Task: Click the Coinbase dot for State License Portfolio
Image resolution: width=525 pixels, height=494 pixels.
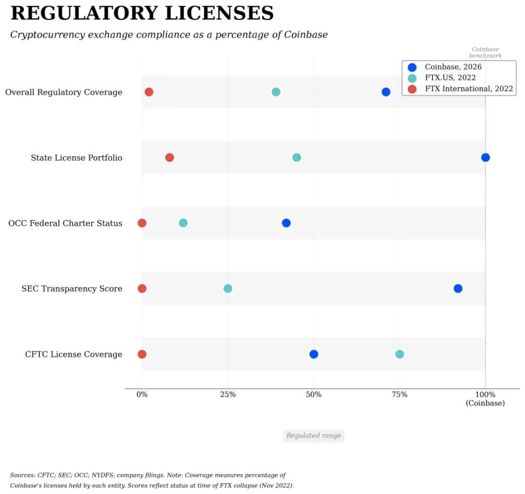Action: tap(485, 157)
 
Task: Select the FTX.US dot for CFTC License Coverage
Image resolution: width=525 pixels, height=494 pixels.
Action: tap(399, 354)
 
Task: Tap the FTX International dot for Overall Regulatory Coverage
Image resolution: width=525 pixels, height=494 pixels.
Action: tap(149, 92)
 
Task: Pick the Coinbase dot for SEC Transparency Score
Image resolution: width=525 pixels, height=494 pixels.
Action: tap(458, 289)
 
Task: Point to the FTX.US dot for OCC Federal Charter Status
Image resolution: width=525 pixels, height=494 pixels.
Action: tap(183, 223)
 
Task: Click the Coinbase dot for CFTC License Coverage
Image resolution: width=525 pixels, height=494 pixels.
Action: tap(314, 354)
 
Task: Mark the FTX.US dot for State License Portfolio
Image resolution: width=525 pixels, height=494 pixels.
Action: tap(297, 157)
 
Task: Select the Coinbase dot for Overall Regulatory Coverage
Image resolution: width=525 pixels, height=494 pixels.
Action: tap(386, 92)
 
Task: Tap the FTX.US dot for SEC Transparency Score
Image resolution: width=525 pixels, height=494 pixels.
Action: tap(228, 289)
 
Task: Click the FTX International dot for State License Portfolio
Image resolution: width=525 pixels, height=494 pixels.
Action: tap(170, 157)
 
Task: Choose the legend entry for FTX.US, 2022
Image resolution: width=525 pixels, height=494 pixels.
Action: tap(450, 78)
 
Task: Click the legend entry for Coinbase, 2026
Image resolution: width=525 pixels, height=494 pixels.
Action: tap(453, 67)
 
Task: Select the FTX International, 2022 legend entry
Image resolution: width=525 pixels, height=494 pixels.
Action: tap(468, 89)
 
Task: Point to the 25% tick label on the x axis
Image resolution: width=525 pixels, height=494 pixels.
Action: tap(228, 395)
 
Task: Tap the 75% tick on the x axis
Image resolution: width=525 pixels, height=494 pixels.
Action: tap(399, 395)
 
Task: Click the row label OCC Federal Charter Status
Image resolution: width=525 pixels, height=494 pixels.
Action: tap(65, 223)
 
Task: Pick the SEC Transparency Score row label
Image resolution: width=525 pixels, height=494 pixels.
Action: tap(72, 289)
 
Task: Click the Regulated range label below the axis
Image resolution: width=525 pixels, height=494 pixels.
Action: tap(313, 436)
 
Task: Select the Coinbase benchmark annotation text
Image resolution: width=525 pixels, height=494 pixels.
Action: tap(485, 52)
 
